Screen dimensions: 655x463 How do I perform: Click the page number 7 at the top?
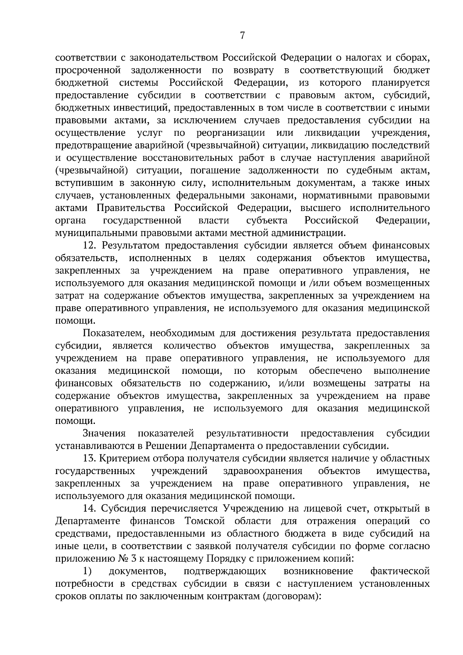point(242,35)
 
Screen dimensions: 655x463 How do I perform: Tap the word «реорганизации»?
point(230,133)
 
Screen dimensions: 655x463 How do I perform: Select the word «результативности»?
point(247,433)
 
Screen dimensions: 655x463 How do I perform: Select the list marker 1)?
point(87,571)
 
